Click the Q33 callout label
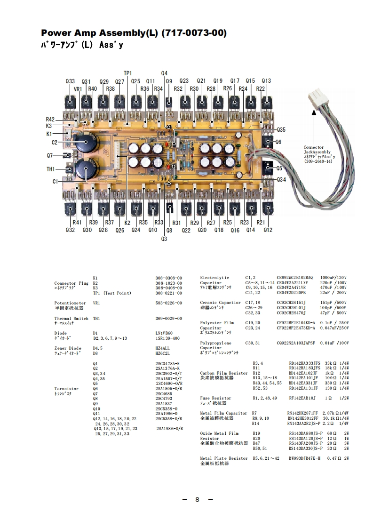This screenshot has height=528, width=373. (70, 81)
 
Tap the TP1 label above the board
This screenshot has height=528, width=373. (128, 73)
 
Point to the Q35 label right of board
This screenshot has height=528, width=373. (281, 129)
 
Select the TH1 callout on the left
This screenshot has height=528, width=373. (51, 169)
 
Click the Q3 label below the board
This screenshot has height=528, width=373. (164, 239)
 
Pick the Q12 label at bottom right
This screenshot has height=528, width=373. (268, 230)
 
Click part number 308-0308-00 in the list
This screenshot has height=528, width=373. (168, 278)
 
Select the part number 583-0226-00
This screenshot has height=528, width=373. (168, 303)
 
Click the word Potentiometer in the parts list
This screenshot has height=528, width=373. (70, 303)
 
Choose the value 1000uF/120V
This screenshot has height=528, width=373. (333, 278)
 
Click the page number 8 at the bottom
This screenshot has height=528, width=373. (198, 499)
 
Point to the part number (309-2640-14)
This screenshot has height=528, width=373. (318, 161)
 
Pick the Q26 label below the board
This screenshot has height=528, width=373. (119, 230)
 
